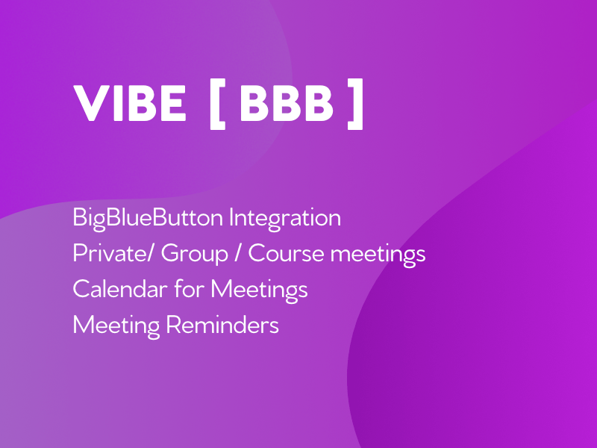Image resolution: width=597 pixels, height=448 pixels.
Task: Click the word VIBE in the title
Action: [x=130, y=103]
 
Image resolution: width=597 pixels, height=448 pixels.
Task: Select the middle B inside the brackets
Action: [x=286, y=104]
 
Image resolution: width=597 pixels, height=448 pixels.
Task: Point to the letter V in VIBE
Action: [x=90, y=103]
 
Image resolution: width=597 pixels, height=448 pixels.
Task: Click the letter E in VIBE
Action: [x=172, y=103]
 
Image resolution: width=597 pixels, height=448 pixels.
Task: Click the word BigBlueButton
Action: [x=148, y=218]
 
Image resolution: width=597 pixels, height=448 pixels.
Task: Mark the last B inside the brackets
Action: [x=319, y=104]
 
